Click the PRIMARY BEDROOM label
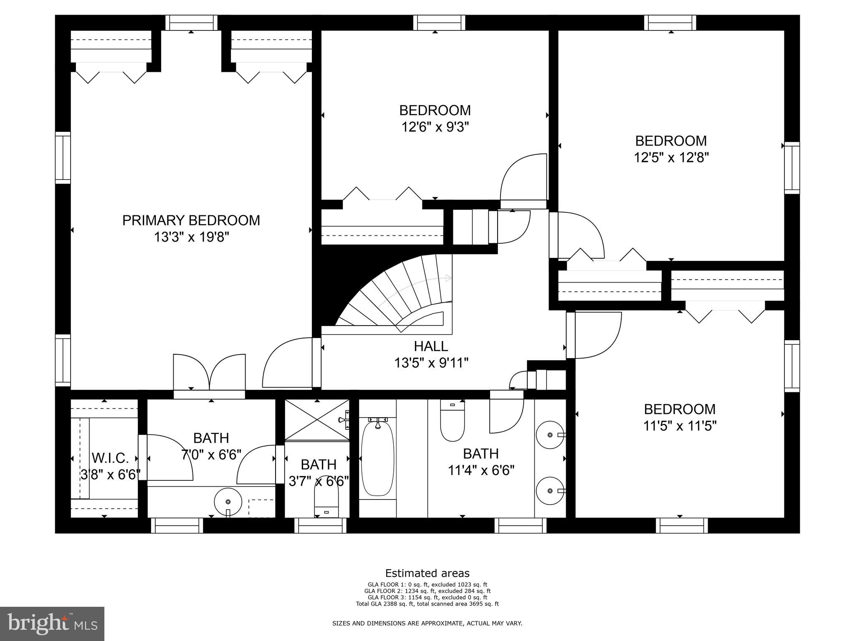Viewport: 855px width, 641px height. (x=191, y=220)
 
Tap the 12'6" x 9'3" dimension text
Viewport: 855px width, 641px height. (x=435, y=127)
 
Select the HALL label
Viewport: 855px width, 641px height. (x=431, y=346)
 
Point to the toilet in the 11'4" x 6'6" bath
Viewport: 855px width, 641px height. (x=452, y=421)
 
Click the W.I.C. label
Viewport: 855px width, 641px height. (x=110, y=458)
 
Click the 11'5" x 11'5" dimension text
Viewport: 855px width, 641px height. (x=680, y=426)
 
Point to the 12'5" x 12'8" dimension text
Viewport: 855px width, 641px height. (x=671, y=158)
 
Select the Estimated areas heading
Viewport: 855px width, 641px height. (x=427, y=573)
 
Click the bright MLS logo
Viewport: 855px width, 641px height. (x=52, y=623)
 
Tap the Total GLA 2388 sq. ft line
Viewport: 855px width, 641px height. (x=427, y=603)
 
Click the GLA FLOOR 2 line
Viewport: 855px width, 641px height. (x=427, y=591)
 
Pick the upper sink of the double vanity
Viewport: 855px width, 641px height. (x=550, y=435)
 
